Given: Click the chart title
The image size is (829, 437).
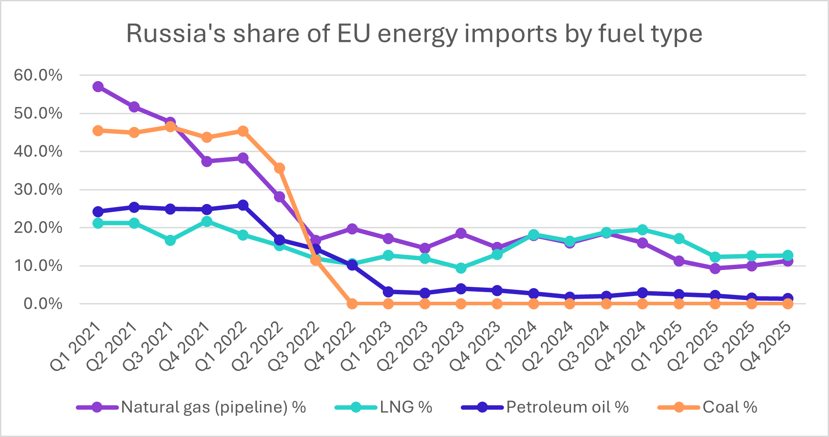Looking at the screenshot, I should point(414,33).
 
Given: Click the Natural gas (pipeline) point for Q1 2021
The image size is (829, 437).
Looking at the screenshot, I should point(98,86).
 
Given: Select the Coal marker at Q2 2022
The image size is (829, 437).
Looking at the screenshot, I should point(279,168).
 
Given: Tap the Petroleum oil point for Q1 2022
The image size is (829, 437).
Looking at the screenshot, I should point(243,205).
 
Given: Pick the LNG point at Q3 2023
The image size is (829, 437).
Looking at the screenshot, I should point(461,268).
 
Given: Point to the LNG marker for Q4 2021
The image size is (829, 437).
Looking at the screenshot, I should point(207,221).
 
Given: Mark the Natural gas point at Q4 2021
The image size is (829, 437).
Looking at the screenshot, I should point(207,161).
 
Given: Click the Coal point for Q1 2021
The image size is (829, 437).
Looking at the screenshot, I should point(98,130).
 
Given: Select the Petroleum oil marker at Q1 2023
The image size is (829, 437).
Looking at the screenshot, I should point(388,292).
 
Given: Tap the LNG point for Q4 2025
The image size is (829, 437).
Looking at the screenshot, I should point(788,256).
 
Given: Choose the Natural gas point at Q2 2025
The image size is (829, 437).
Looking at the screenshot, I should point(715,268).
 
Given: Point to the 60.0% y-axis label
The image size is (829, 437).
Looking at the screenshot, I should point(38,75).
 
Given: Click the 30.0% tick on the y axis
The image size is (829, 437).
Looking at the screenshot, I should point(38,190).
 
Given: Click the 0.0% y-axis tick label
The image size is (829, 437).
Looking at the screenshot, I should point(43,304).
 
